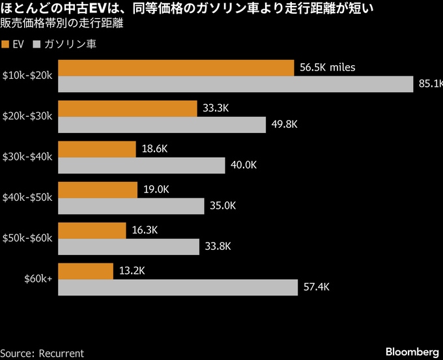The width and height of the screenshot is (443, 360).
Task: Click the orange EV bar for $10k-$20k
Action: (x=176, y=68)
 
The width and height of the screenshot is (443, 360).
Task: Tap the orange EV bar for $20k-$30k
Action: (x=128, y=108)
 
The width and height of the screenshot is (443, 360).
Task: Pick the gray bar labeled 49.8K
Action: (x=162, y=125)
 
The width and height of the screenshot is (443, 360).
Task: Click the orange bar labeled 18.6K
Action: (x=97, y=149)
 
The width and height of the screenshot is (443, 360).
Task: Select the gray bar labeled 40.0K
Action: (x=141, y=165)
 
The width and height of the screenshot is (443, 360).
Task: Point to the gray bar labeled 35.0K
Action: (x=131, y=206)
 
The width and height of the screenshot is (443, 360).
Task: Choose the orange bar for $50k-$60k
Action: (x=92, y=230)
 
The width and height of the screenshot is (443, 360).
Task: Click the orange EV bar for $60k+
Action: (x=85, y=271)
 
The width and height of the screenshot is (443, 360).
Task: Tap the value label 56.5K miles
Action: (x=327, y=68)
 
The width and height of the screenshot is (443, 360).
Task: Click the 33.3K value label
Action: (x=216, y=108)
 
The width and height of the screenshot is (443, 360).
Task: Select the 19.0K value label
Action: (x=156, y=190)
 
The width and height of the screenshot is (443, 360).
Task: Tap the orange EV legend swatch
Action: (x=6, y=44)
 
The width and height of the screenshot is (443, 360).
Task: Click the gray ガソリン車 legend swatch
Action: (x=36, y=44)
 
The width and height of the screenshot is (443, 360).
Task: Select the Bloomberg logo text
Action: (x=412, y=352)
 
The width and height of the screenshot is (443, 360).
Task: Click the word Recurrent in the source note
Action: (x=61, y=353)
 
